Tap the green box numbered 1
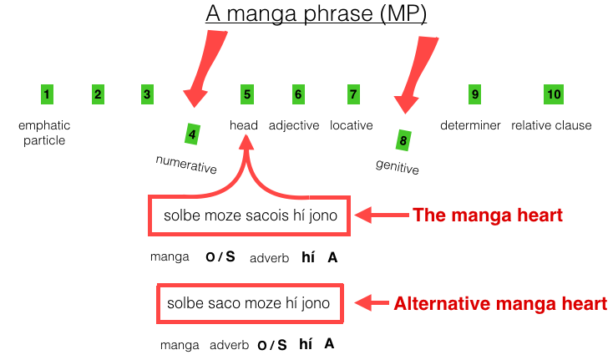47,94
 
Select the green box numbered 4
193,133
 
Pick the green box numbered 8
403,139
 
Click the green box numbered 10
553,94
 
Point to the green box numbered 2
98,94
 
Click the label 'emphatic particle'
44,133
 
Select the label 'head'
244,126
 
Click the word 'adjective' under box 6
294,126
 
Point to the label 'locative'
352,126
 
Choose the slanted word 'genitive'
398,166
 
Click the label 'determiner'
470,126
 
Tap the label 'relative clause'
551,126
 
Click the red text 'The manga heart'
488,215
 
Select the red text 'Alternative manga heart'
500,303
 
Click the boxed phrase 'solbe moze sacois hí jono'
251,215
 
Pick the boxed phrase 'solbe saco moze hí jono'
250,302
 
